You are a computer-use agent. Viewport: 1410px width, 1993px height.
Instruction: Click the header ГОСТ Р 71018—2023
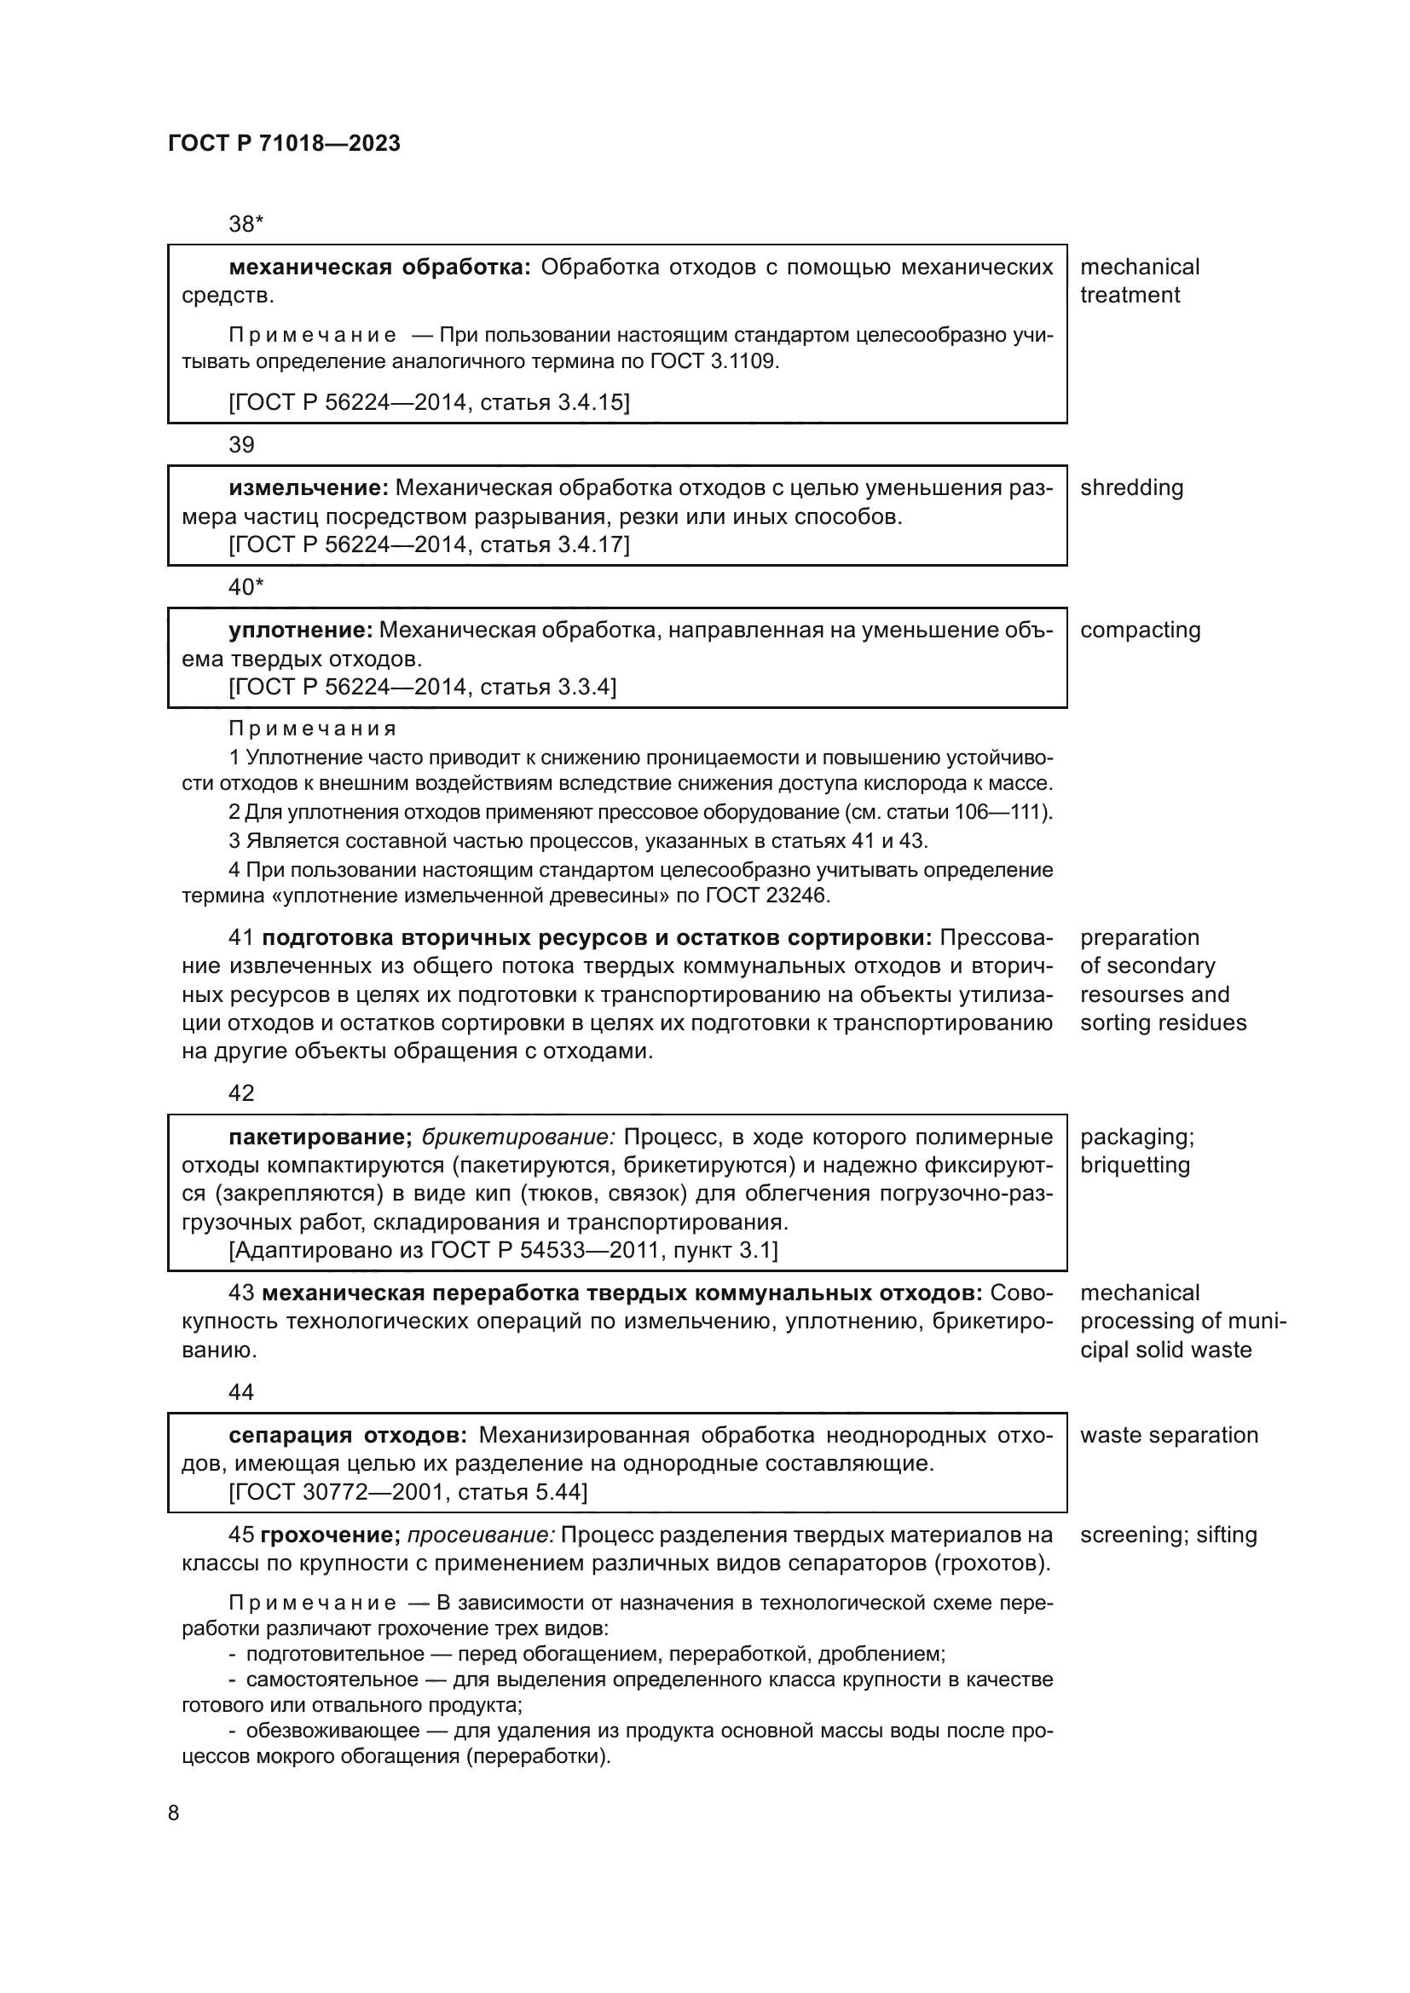click(x=284, y=143)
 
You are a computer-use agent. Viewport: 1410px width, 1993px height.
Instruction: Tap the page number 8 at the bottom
click(x=174, y=1813)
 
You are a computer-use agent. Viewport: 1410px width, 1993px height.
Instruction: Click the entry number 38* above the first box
click(x=246, y=224)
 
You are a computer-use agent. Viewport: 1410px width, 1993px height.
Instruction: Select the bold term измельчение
click(x=308, y=488)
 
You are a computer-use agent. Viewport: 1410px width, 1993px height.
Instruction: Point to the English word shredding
click(x=1131, y=488)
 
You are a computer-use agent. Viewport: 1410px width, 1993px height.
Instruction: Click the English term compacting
click(x=1140, y=631)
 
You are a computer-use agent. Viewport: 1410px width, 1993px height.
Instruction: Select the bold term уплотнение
click(x=300, y=631)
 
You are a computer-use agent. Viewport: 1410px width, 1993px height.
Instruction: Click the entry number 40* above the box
click(x=246, y=588)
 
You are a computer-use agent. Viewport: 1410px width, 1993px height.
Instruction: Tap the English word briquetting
click(x=1135, y=1165)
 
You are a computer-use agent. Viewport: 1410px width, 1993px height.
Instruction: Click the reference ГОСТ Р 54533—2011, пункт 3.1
click(x=504, y=1251)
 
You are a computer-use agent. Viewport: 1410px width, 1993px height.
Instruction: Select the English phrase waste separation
click(x=1169, y=1435)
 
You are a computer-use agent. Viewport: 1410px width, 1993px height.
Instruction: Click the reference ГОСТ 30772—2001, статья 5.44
click(x=408, y=1492)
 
